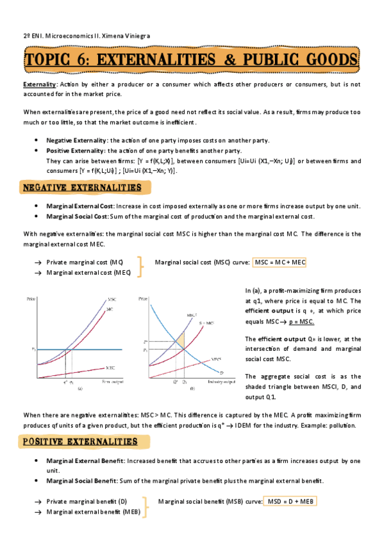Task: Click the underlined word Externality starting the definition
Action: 39,85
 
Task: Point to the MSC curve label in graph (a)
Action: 112,300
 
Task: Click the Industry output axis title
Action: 219,382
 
